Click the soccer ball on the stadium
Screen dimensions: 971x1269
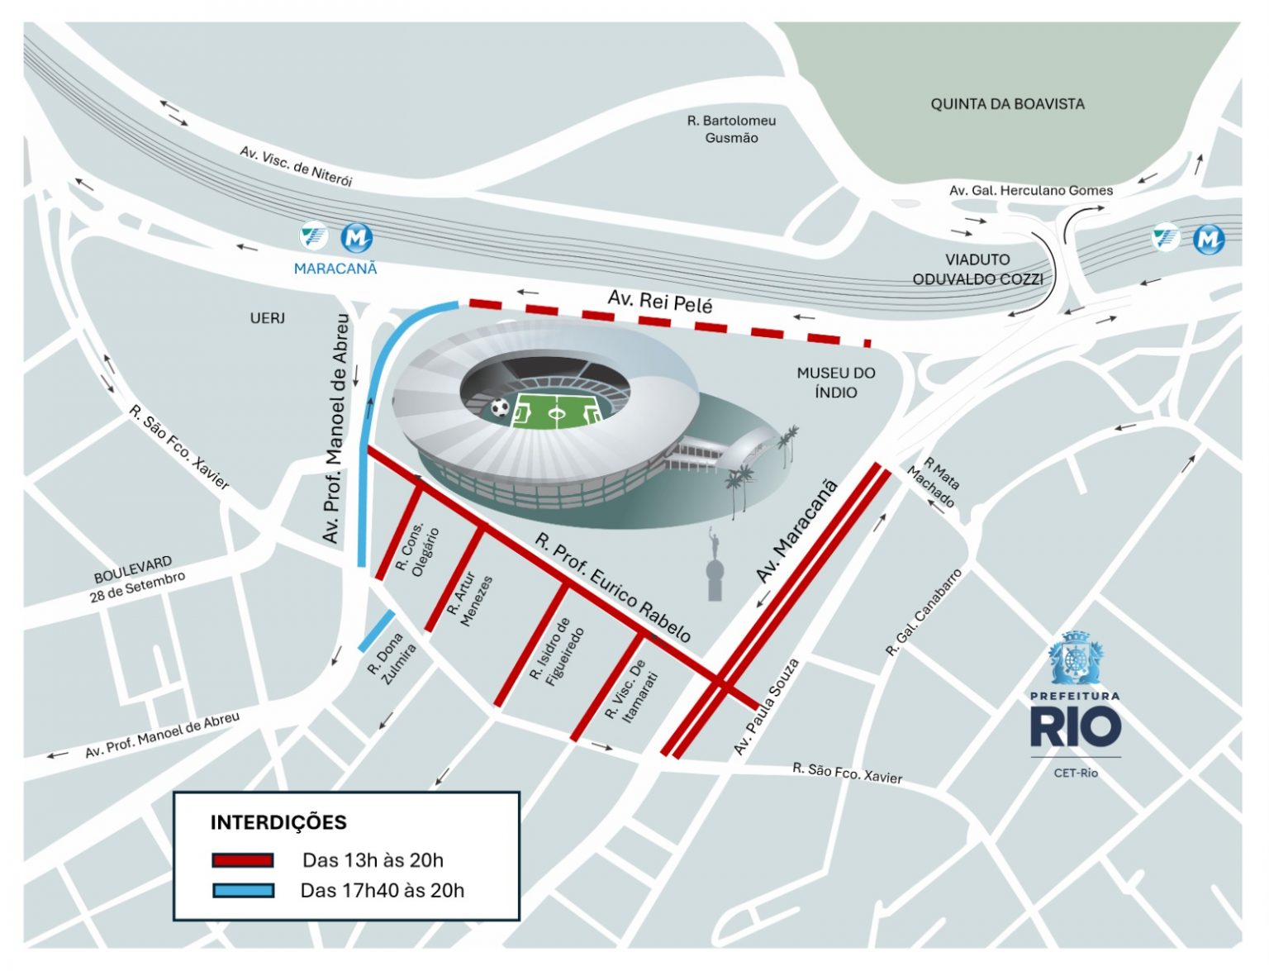(x=500, y=407)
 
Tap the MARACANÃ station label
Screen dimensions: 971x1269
(x=335, y=269)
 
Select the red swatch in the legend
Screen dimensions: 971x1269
(x=242, y=860)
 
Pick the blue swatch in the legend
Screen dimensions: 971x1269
(x=243, y=890)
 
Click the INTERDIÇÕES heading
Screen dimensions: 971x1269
(x=278, y=822)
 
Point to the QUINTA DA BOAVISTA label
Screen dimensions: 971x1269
(x=1007, y=104)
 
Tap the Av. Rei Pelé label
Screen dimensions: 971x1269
(x=659, y=302)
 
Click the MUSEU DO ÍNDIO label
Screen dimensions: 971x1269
(x=835, y=383)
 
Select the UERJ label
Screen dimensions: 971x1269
(x=267, y=318)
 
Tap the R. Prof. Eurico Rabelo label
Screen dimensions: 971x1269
(x=612, y=588)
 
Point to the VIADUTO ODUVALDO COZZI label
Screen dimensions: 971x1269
(x=977, y=269)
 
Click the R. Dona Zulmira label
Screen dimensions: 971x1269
(x=392, y=659)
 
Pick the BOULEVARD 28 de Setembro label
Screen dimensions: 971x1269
(x=137, y=578)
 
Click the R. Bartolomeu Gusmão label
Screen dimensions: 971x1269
(x=731, y=129)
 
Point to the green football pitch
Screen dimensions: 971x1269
(x=555, y=411)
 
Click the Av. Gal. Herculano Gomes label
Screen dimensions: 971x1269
(x=1030, y=191)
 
